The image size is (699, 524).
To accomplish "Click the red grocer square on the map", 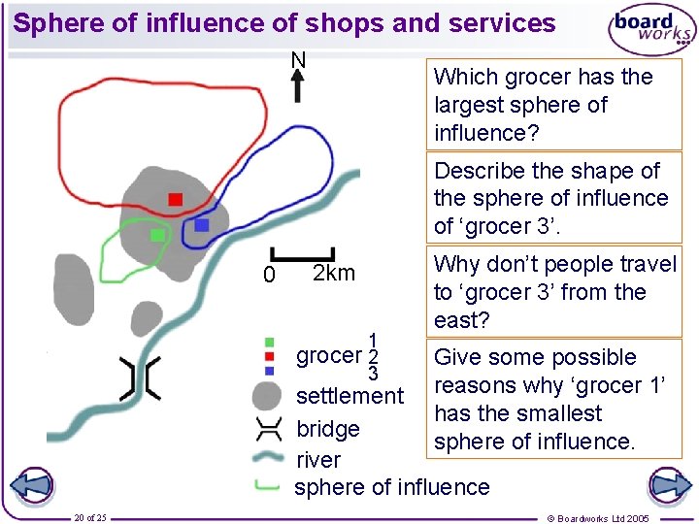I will [x=175, y=200].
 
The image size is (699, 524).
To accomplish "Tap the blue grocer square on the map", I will [x=201, y=224].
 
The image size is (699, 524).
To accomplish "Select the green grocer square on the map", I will [x=156, y=235].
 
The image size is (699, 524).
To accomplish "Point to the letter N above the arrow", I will [x=298, y=60].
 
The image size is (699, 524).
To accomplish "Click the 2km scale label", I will [x=333, y=273].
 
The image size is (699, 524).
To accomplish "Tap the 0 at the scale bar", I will [x=271, y=277].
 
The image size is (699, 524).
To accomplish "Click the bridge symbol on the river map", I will [x=139, y=377].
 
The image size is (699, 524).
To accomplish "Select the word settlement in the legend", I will [x=349, y=396].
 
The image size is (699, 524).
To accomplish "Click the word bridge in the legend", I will [x=327, y=429].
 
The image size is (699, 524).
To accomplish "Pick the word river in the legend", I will [x=317, y=460].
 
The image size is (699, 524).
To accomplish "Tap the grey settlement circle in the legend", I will [x=267, y=397].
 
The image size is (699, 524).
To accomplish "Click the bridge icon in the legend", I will [x=267, y=428].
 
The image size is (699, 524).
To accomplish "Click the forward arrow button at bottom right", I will [x=668, y=485].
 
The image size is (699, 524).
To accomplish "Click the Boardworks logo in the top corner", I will [x=651, y=30].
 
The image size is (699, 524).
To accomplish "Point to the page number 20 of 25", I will [x=90, y=517].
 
